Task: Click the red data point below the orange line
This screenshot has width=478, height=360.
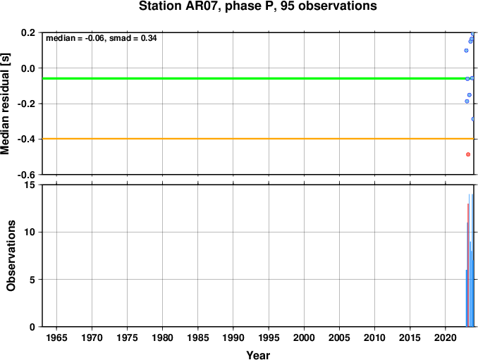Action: click(468, 154)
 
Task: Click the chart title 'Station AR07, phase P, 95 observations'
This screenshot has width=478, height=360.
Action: click(257, 6)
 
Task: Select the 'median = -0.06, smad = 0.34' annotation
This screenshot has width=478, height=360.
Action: click(102, 38)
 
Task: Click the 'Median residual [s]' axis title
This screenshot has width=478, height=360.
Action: click(5, 104)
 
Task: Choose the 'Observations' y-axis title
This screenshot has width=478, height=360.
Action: click(11, 256)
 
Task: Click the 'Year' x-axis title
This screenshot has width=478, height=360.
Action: click(258, 355)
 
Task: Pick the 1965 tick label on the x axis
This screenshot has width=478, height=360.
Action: click(56, 337)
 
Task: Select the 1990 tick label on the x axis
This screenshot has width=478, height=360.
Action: click(233, 337)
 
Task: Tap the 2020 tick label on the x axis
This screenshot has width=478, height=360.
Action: click(446, 337)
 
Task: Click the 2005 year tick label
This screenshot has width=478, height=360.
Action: click(339, 337)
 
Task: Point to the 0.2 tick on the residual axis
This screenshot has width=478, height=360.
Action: click(28, 32)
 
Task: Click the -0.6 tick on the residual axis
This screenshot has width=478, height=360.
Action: click(26, 175)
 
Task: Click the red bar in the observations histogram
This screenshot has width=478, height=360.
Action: click(468, 265)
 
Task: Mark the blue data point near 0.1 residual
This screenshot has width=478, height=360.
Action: click(466, 51)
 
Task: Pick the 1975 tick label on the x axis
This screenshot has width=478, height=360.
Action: click(127, 337)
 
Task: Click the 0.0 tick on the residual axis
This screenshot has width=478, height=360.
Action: click(28, 68)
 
